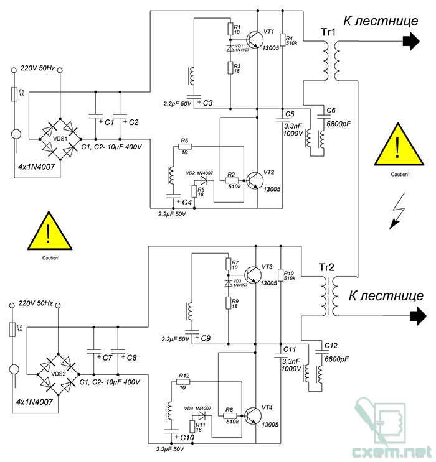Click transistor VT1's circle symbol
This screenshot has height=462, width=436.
click(255, 39)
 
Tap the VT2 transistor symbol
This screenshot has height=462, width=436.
click(255, 180)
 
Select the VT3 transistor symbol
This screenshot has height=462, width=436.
click(253, 275)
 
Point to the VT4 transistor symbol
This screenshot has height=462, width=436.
click(253, 416)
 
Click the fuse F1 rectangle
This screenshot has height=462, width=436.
click(14, 95)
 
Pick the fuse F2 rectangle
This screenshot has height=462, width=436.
click(12, 330)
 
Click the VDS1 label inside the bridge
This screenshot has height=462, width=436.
click(60, 139)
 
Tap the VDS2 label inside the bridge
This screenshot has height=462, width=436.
click(58, 374)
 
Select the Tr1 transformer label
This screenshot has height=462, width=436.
click(328, 32)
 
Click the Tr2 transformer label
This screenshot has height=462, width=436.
click(326, 267)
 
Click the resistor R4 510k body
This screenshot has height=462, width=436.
click(283, 40)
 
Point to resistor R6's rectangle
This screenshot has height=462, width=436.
click(186, 147)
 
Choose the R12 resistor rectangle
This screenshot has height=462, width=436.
click(183, 382)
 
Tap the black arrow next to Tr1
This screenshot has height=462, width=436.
click(411, 41)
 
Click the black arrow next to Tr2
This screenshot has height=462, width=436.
click(419, 316)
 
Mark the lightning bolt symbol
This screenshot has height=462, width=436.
click(397, 211)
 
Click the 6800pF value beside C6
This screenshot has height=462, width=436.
click(338, 124)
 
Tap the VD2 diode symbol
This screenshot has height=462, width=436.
click(204, 180)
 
